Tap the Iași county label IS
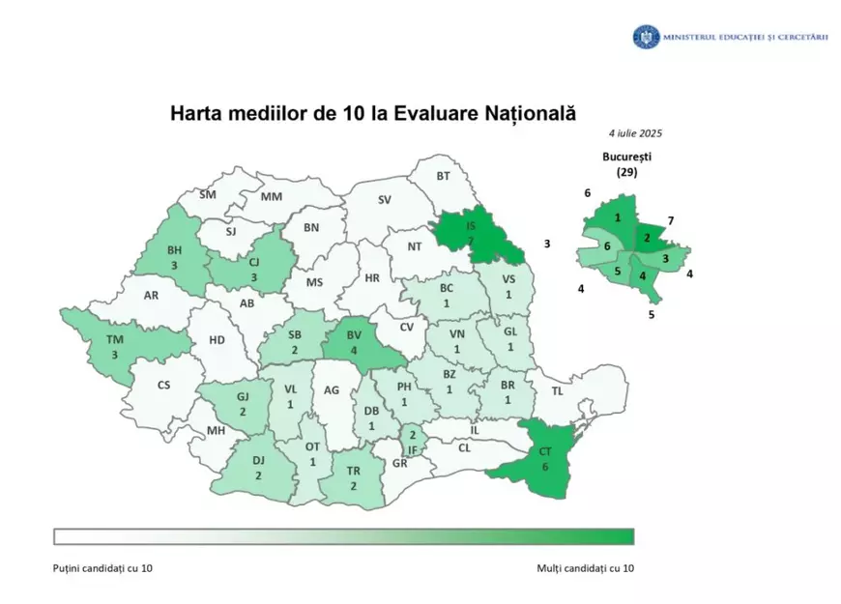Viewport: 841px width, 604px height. pos(471,224)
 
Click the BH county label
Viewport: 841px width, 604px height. pos(175,249)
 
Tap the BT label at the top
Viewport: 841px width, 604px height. pos(444,176)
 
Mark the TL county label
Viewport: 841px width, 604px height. pos(557,391)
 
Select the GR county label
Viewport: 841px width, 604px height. pos(400,462)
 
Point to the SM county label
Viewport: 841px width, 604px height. pos(207,194)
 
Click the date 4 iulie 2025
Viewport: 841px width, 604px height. pos(635,133)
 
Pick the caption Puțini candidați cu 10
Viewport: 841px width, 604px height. pos(102,568)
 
